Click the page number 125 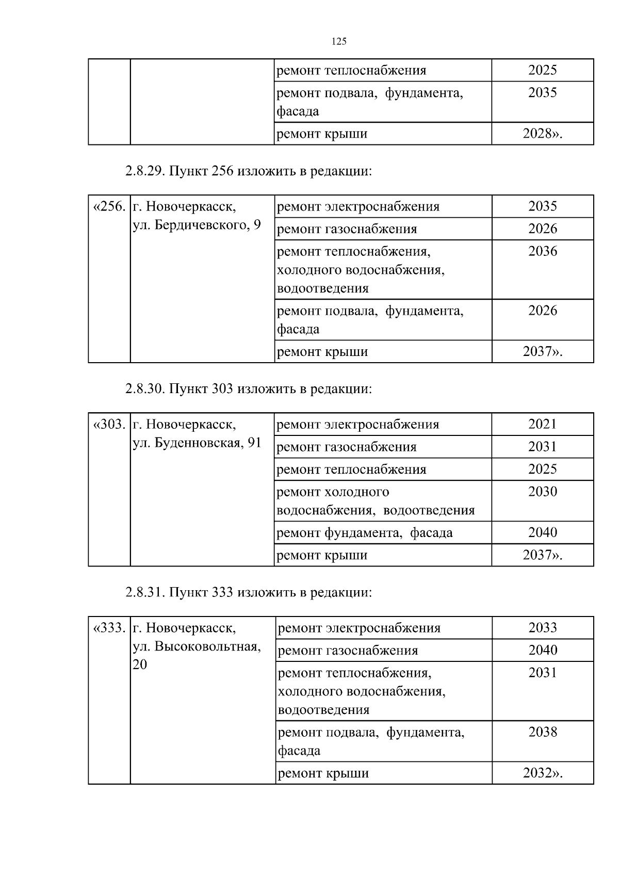pyautogui.click(x=338, y=42)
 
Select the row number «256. pyautogui.click(x=109, y=207)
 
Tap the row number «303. pyautogui.click(x=109, y=425)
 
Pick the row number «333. pyautogui.click(x=109, y=628)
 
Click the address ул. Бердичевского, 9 pyautogui.click(x=197, y=225)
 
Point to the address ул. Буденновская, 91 pyautogui.click(x=197, y=443)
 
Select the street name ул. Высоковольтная pyautogui.click(x=197, y=646)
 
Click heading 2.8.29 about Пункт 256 pyautogui.click(x=248, y=171)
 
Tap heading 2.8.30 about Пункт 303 pyautogui.click(x=248, y=388)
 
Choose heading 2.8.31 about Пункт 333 pyautogui.click(x=248, y=592)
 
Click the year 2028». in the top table pyautogui.click(x=542, y=134)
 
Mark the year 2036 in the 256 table pyautogui.click(x=542, y=251)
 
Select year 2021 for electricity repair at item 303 pyautogui.click(x=542, y=424)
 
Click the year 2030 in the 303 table pyautogui.click(x=542, y=492)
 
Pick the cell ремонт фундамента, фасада pyautogui.click(x=364, y=532)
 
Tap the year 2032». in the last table pyautogui.click(x=542, y=773)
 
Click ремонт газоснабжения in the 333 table pyautogui.click(x=348, y=651)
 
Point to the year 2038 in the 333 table pyautogui.click(x=542, y=732)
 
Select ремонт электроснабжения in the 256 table pyautogui.click(x=358, y=207)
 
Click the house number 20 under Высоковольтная pyautogui.click(x=140, y=664)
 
